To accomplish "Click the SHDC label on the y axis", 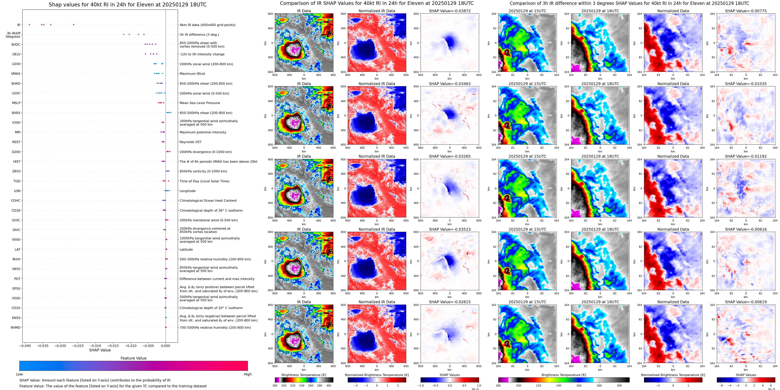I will coord(16,44).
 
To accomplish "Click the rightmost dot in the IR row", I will coord(74,24).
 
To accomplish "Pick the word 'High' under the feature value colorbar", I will coord(247,374).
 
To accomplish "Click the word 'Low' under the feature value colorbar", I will coord(19,374).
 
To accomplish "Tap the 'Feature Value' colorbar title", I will coord(133,358).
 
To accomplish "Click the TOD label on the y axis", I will coord(17,181).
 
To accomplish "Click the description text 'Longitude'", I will coord(187,191).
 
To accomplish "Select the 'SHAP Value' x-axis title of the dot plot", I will coord(100,350).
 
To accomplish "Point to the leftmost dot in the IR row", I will coord(29,24).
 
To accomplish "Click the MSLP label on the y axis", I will coord(16,103).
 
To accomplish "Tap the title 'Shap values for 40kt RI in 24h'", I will coord(127,4).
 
